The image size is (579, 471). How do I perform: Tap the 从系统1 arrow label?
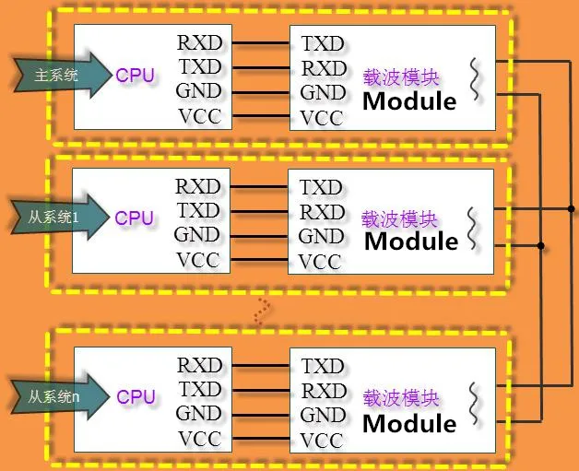tap(53, 219)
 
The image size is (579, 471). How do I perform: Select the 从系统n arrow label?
tap(53, 397)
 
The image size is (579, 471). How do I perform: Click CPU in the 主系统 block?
tap(135, 76)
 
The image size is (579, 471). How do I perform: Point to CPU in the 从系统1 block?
tap(135, 218)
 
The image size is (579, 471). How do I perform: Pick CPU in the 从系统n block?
tap(136, 396)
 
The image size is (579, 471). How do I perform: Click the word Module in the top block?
tap(409, 100)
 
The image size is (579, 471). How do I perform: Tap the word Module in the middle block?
tap(411, 241)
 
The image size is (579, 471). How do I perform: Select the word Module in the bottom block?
tap(409, 424)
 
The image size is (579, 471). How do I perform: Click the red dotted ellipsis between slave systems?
tap(263, 312)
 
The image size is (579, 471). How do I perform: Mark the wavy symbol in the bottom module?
tap(475, 402)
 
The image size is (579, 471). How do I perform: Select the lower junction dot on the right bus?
tap(540, 245)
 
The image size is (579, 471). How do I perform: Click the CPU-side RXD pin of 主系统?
tap(198, 42)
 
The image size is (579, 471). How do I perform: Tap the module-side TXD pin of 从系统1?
tap(321, 188)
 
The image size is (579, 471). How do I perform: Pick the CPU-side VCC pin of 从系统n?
tap(199, 438)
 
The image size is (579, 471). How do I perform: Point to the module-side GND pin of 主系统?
tap(323, 92)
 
